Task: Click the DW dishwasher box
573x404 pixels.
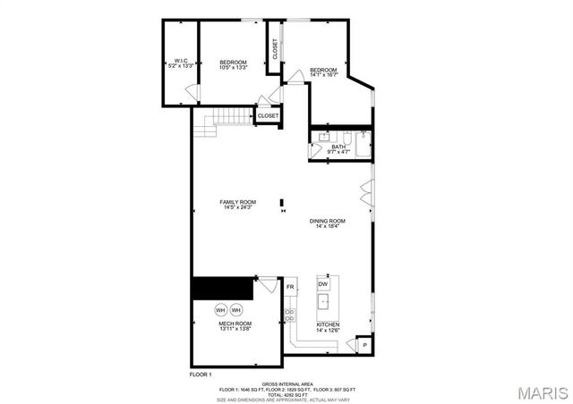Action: (x=323, y=284)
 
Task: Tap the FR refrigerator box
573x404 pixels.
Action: (x=290, y=287)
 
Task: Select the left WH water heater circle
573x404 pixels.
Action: (x=220, y=310)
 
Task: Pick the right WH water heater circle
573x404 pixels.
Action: (x=236, y=310)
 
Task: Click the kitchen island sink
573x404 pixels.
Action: (x=323, y=304)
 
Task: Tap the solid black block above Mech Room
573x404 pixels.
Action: (x=223, y=289)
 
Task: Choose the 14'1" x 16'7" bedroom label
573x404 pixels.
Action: (x=323, y=72)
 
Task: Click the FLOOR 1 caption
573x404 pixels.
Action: (x=202, y=373)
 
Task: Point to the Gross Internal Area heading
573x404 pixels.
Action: (x=288, y=382)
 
